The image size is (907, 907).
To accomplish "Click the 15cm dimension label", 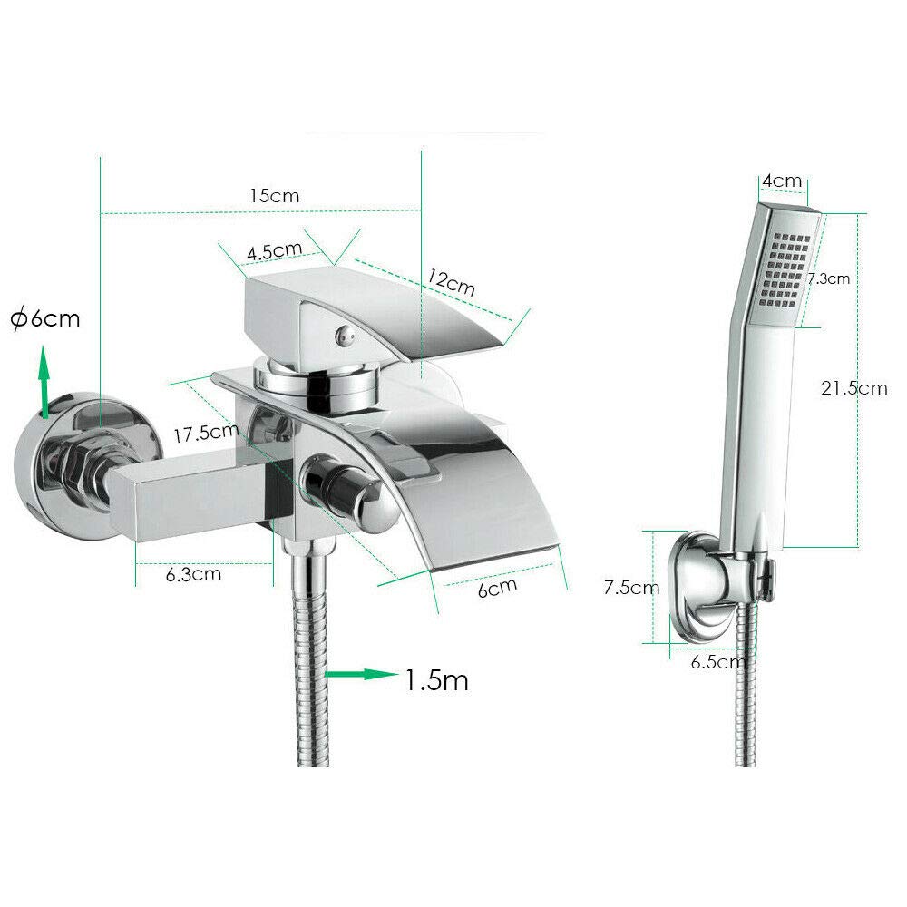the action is tap(275, 196).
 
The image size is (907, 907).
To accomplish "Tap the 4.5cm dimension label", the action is tap(275, 250).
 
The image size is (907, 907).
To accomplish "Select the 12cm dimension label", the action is tap(451, 282).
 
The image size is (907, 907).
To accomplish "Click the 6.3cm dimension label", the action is tap(193, 574).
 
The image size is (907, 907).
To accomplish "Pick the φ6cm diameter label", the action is tap(45, 318).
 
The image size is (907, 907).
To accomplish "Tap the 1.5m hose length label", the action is tap(436, 679).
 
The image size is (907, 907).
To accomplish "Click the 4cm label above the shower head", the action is tap(782, 180).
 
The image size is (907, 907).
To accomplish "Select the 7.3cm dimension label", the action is tap(829, 278).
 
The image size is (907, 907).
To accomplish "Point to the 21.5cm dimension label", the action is tap(853, 387).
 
